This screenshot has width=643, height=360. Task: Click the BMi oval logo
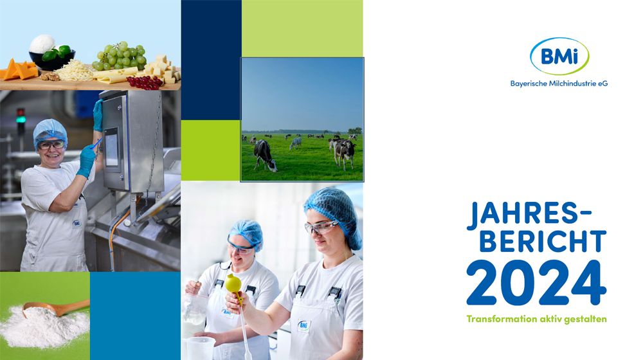(x=559, y=56)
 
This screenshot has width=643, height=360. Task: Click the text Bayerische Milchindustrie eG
(x=559, y=84)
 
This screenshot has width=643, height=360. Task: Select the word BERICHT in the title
(x=543, y=242)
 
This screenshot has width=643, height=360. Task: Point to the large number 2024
(x=536, y=283)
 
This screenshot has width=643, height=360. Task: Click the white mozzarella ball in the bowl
(x=42, y=44)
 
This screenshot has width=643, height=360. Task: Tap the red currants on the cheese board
(x=144, y=82)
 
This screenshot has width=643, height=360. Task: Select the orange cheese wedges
(x=19, y=69)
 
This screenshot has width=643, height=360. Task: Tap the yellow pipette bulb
(x=233, y=283)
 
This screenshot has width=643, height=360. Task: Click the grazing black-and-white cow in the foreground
(x=264, y=155)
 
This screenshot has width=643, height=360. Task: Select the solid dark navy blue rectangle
(x=211, y=60)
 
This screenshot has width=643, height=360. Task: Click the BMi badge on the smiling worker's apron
(x=77, y=224)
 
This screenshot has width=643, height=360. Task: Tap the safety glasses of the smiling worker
(x=51, y=145)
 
